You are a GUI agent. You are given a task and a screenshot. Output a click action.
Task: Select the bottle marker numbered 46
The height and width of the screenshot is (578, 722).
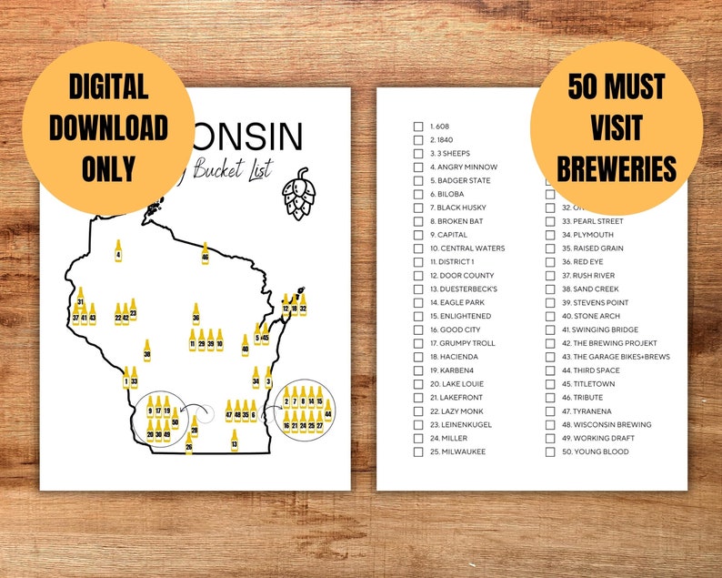[205, 254]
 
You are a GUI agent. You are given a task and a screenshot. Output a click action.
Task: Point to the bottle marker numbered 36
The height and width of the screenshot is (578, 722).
[196, 315]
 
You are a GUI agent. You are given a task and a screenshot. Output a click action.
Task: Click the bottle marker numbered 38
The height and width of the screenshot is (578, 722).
[146, 350]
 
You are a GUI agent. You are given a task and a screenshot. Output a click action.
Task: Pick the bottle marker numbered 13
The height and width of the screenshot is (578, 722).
[234, 440]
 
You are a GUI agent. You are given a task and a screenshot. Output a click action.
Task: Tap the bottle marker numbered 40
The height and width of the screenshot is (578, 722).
[245, 346]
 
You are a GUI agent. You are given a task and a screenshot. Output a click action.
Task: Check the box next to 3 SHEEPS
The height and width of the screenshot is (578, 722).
[418, 154]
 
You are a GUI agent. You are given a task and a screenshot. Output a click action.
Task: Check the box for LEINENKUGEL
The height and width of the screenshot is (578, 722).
[418, 425]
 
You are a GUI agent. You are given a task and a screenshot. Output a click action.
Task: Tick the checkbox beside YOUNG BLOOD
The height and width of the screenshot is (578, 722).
[550, 452]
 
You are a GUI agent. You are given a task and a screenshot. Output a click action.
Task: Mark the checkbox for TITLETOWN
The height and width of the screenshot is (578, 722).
[550, 384]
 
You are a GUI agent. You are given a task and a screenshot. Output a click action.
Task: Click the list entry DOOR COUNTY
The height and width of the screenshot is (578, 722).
[462, 276]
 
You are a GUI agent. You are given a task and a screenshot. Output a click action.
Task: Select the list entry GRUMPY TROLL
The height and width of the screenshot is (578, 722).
[462, 343]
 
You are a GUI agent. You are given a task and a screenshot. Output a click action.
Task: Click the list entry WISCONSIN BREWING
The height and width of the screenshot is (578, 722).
[600, 425]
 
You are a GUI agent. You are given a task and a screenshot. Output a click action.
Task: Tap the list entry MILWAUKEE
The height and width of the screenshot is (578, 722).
[457, 452]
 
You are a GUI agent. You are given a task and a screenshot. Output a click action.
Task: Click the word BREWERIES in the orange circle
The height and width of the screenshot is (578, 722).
[617, 168]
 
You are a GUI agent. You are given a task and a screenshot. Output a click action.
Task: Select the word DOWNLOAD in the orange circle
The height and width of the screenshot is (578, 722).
[108, 127]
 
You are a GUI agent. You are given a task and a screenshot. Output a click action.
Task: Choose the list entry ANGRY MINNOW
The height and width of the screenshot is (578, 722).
[463, 167]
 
